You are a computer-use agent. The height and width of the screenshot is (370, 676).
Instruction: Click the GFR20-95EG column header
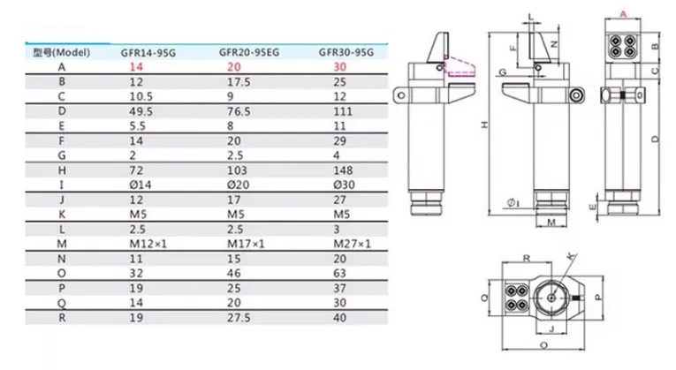(x=249, y=53)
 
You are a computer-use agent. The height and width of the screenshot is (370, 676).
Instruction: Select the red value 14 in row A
(x=136, y=67)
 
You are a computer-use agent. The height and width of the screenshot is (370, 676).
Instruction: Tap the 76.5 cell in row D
(x=239, y=111)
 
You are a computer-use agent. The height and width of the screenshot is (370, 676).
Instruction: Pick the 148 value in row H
(x=343, y=170)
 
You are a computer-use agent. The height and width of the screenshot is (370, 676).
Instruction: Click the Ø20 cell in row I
(x=238, y=185)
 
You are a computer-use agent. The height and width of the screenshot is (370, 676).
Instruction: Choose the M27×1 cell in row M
(x=352, y=245)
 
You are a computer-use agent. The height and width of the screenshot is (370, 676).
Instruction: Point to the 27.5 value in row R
(x=239, y=318)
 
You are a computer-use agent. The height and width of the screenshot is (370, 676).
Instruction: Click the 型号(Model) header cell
(x=62, y=53)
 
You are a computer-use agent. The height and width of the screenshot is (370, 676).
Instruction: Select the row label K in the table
(x=62, y=215)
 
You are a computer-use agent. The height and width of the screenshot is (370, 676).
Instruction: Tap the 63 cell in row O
(x=339, y=274)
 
